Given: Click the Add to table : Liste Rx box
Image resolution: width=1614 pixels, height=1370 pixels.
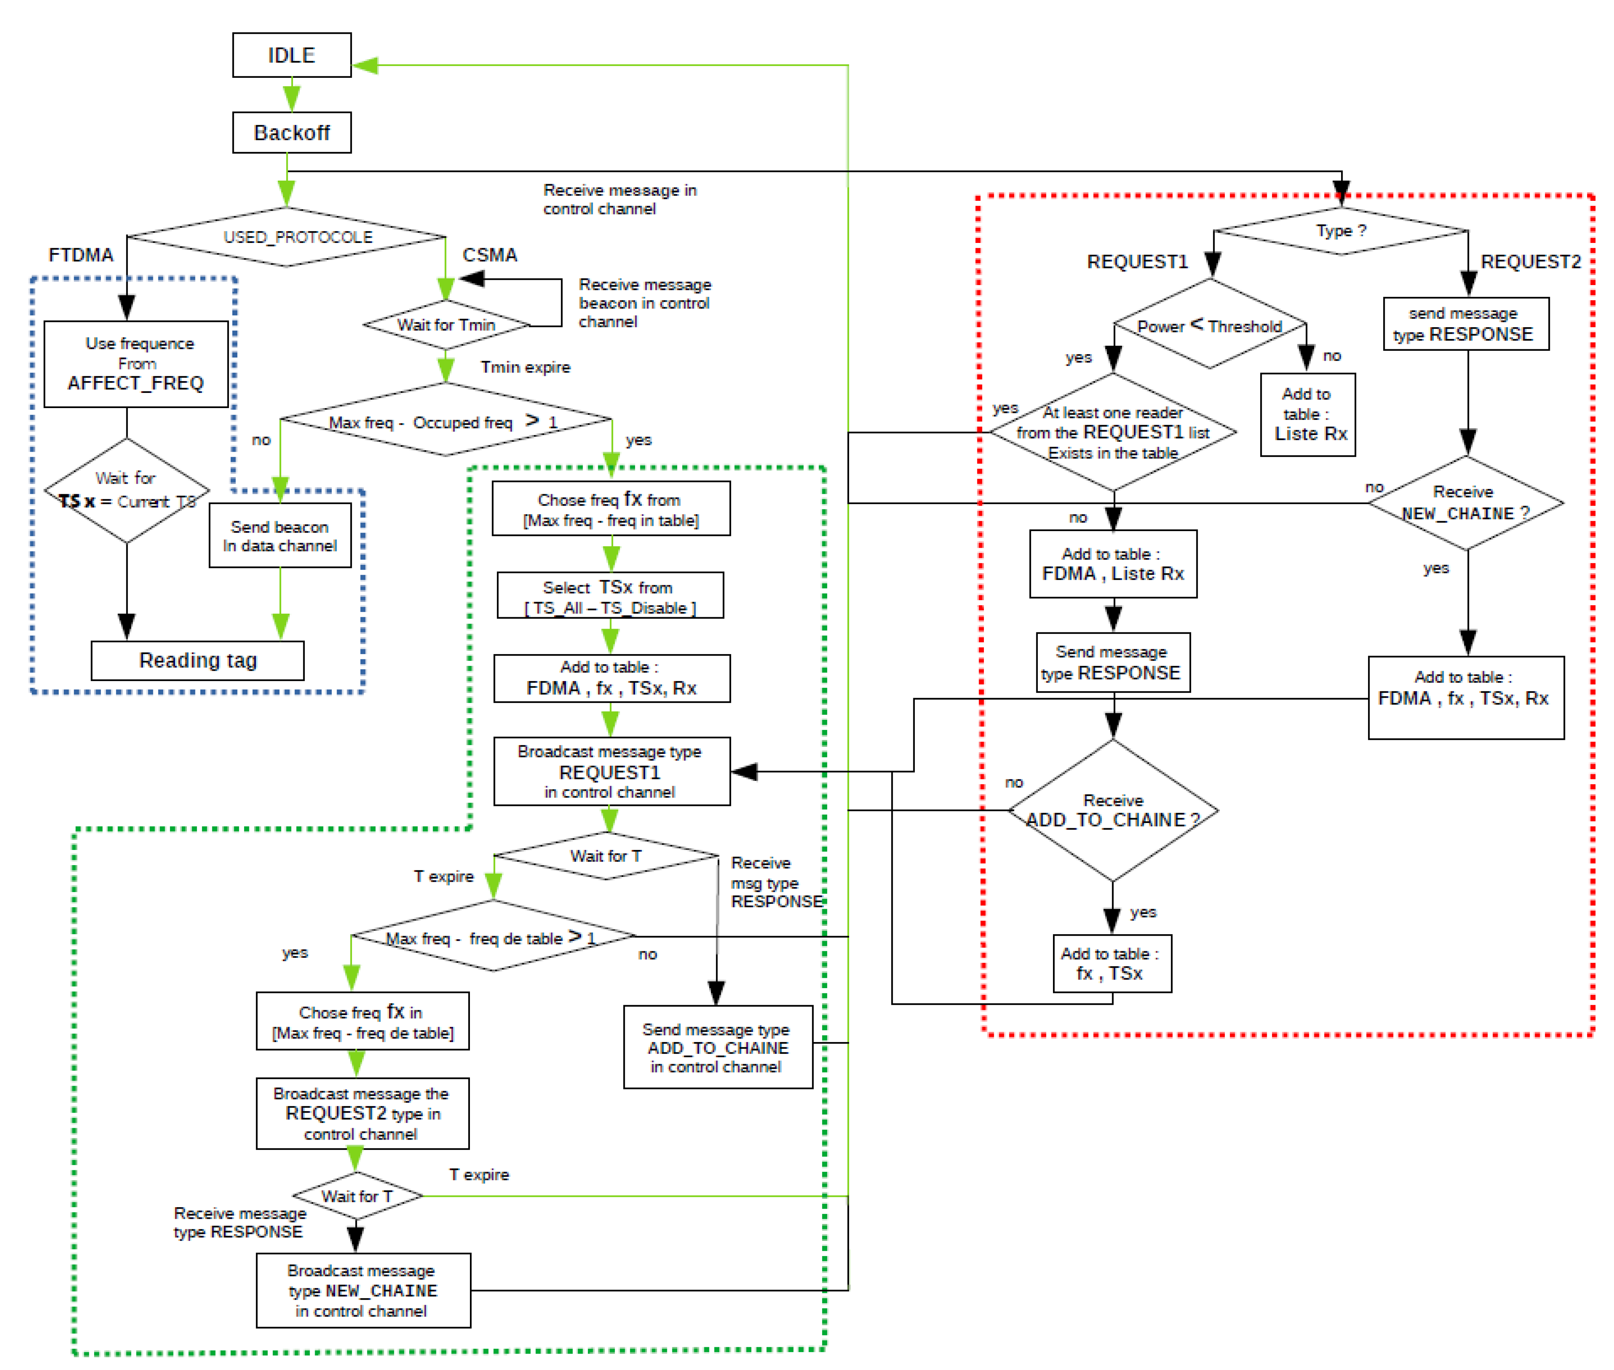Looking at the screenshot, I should pyautogui.click(x=1308, y=415).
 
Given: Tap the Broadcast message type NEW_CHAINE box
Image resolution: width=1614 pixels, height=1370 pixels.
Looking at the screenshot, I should pyautogui.click(x=363, y=1290).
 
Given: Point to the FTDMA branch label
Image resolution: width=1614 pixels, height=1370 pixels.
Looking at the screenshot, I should pyautogui.click(x=81, y=255).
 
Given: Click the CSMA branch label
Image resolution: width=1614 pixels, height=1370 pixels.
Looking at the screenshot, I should pyautogui.click(x=489, y=255).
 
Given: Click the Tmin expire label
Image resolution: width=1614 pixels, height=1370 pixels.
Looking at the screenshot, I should pyautogui.click(x=525, y=367).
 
